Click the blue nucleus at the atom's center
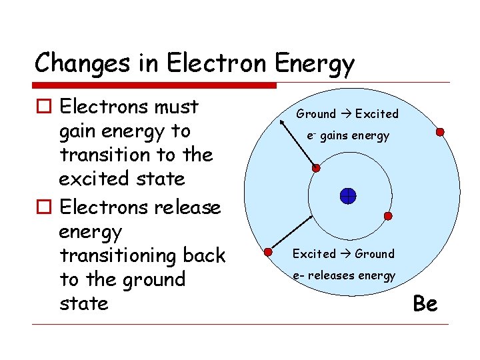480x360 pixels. pos(348,196)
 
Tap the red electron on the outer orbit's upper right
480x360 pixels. pos(440,132)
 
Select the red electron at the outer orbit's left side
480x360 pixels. pos(268,252)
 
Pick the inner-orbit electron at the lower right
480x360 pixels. pos(389,216)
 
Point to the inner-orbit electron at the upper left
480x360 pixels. pos(316,168)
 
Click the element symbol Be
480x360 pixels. pos(425,304)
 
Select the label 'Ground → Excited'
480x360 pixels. pos(347,114)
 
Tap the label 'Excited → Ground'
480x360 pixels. pos(343,254)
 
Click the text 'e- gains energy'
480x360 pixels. pos(347,136)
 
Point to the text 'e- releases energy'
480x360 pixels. pos(343,275)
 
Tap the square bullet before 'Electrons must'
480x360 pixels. pos(43,107)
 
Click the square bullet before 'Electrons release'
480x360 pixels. pos(43,208)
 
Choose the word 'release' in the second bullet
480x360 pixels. pos(187,207)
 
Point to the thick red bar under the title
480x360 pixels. pos(155,85)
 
